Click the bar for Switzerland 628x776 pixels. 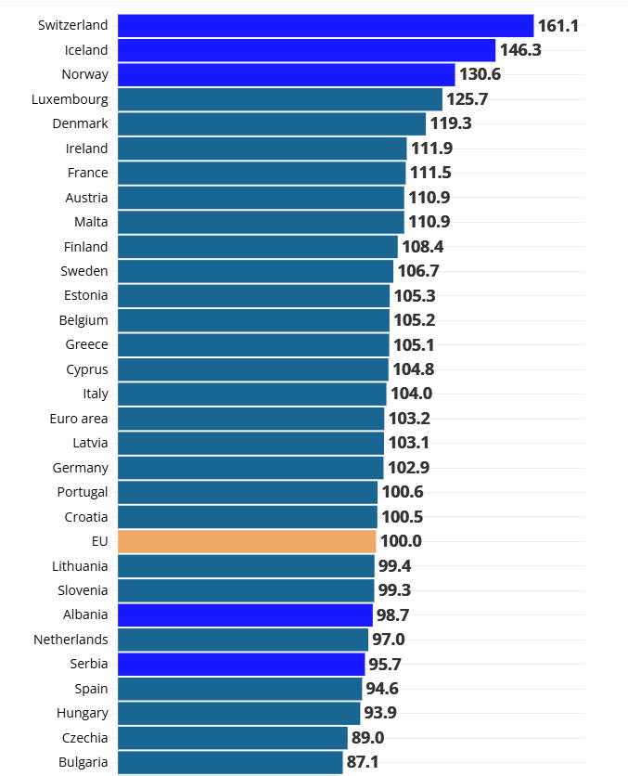point(325,26)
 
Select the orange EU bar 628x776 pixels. point(247,541)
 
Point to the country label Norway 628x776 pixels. point(85,74)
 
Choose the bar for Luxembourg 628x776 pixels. point(280,99)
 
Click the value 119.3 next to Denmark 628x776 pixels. point(451,123)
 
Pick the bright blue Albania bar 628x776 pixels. point(245,614)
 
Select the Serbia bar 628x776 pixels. point(241,664)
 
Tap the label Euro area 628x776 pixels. point(79,419)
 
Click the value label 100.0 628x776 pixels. point(401,541)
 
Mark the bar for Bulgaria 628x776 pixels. point(230,762)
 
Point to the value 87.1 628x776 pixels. point(363,762)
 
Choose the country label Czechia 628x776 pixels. point(86,738)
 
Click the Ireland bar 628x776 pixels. point(262,149)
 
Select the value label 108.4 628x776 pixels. point(422,247)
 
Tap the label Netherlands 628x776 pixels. point(70,640)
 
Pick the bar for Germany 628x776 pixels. point(250,468)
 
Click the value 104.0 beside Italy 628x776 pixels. point(411,394)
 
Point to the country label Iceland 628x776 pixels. point(86,50)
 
